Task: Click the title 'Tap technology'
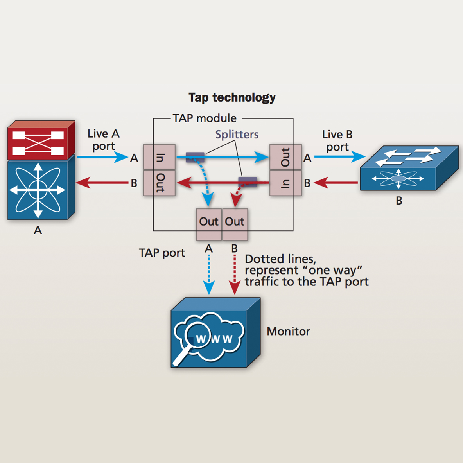232,97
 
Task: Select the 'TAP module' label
205,118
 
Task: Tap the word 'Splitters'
237,135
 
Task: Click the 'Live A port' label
103,140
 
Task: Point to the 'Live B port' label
337,140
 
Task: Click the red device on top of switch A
41,140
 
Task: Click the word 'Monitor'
288,332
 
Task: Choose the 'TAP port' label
162,253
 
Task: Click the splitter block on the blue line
195,157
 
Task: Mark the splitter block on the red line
248,181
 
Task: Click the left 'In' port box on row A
159,157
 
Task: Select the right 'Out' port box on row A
285,157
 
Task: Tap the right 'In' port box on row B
285,183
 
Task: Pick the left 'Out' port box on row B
159,183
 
